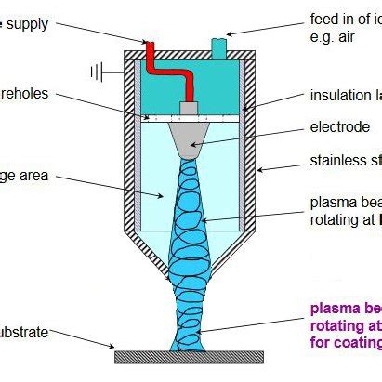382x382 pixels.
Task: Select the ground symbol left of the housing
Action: pyautogui.click(x=97, y=71)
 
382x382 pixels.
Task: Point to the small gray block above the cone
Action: pyautogui.click(x=191, y=109)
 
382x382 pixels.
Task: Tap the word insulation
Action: pyautogui.click(x=339, y=96)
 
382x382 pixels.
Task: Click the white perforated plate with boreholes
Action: pyautogui.click(x=191, y=119)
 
